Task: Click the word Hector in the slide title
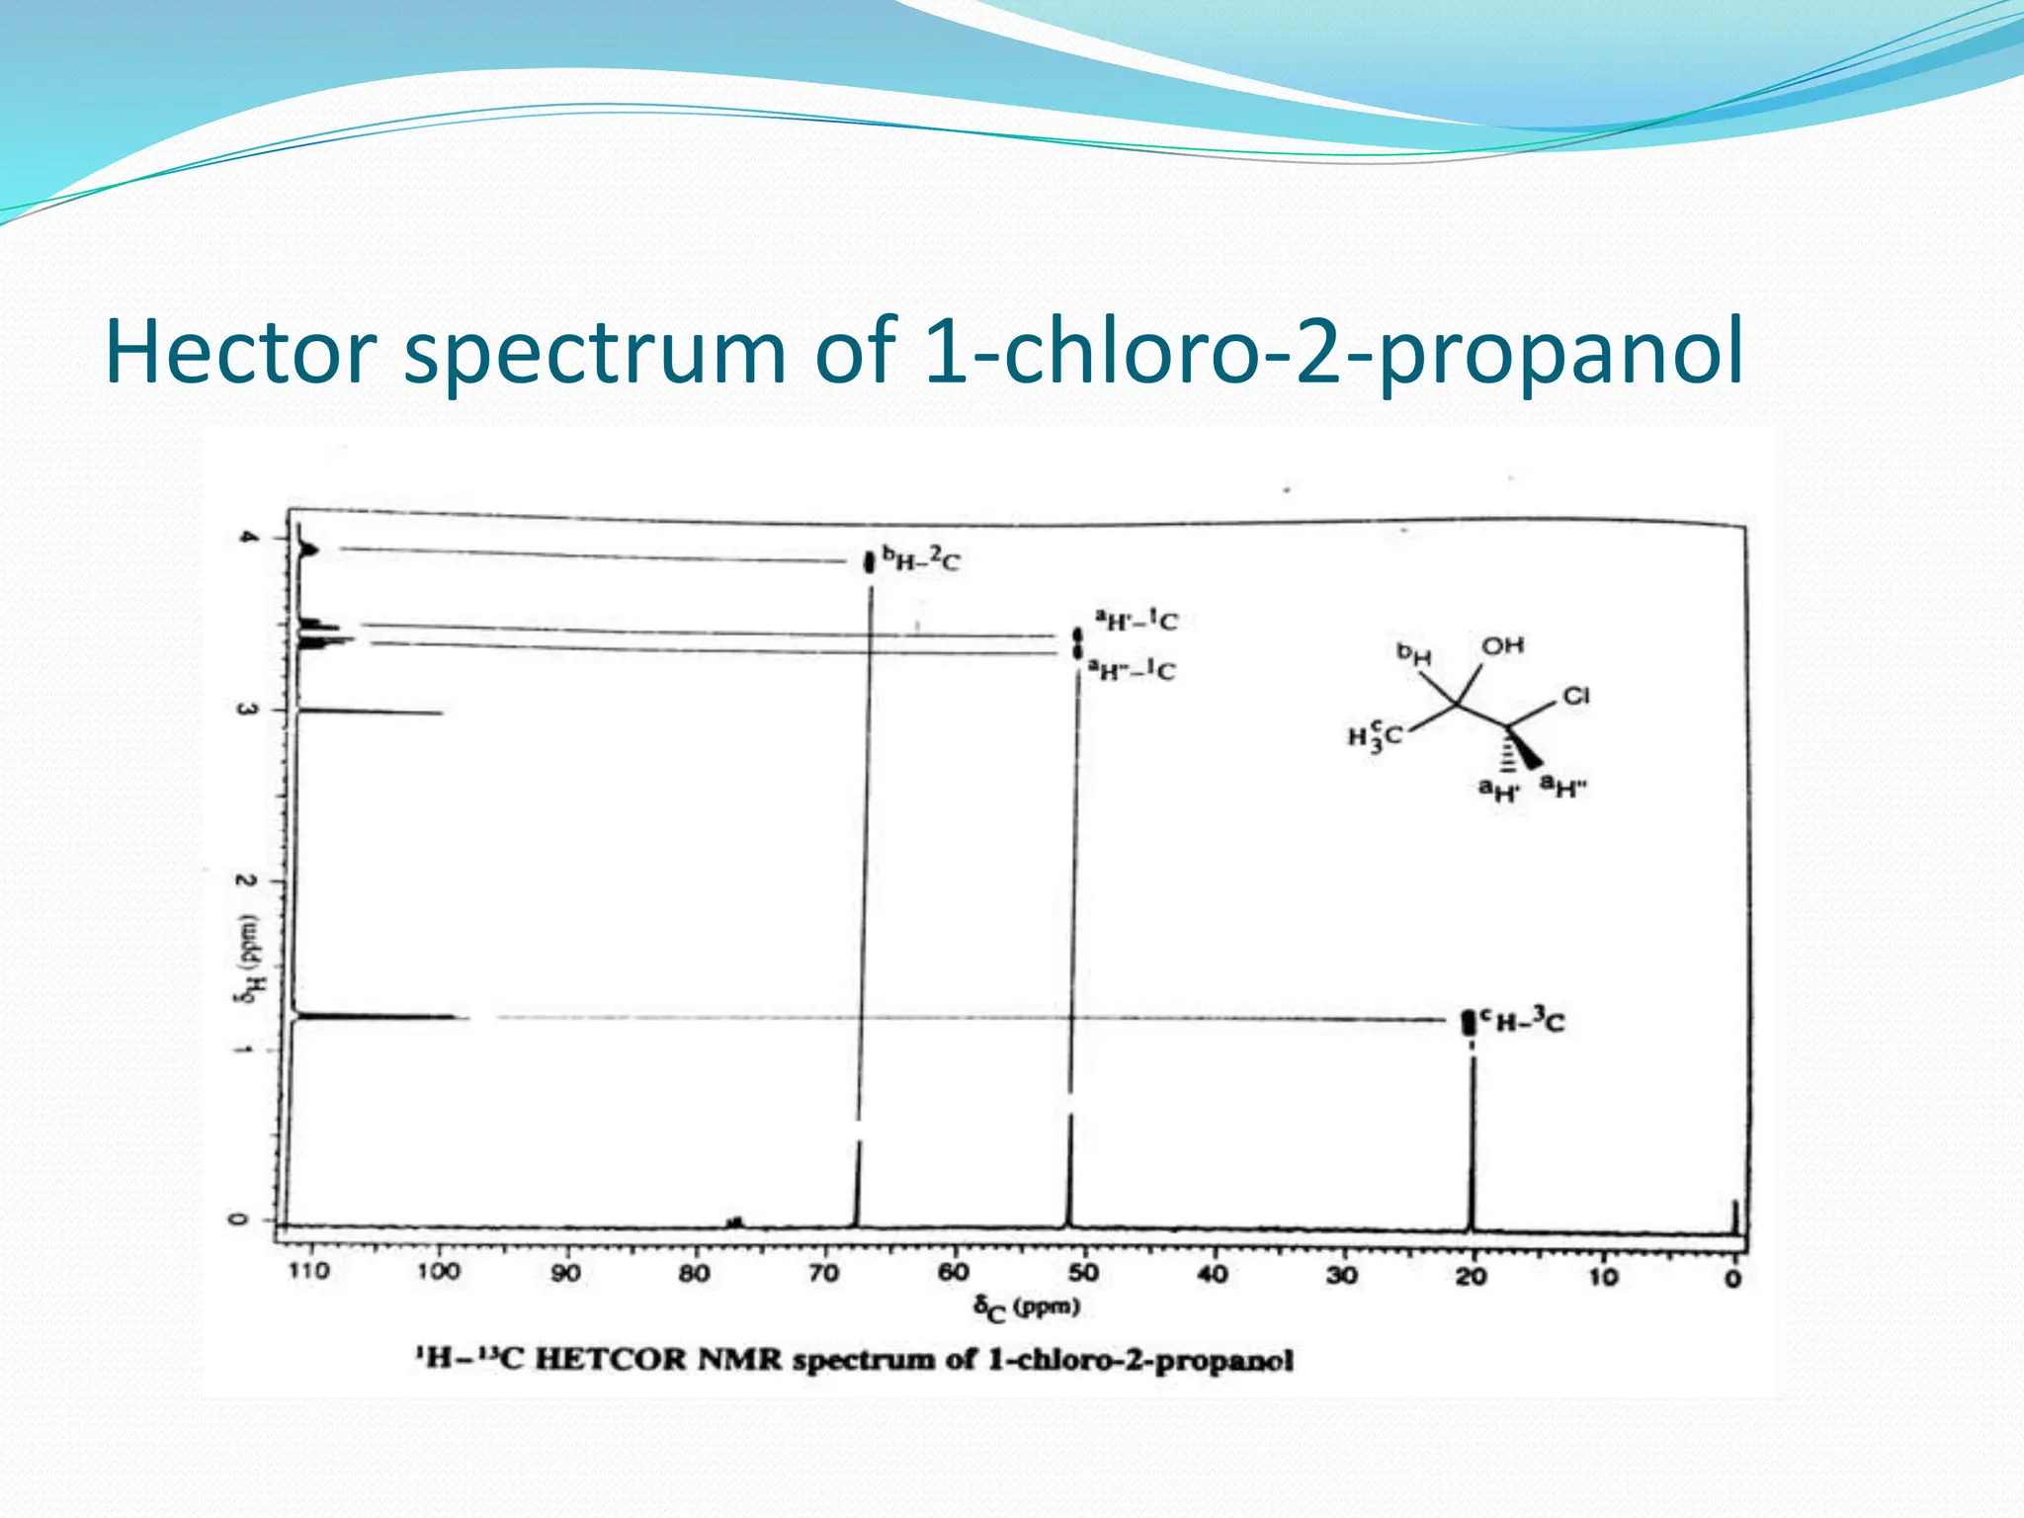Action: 240,352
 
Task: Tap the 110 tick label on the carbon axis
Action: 308,1271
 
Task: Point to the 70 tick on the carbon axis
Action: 823,1273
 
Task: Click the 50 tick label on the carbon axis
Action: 1083,1274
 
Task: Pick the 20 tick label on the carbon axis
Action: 1471,1277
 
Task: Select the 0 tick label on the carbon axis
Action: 1732,1279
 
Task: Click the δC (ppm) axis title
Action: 1027,1308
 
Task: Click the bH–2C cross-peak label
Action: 921,560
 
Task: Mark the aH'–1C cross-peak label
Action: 1137,621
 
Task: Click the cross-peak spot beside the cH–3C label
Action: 1470,1022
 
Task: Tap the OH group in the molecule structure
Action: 1502,646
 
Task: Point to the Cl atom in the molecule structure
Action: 1575,697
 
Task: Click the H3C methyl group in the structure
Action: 1375,736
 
